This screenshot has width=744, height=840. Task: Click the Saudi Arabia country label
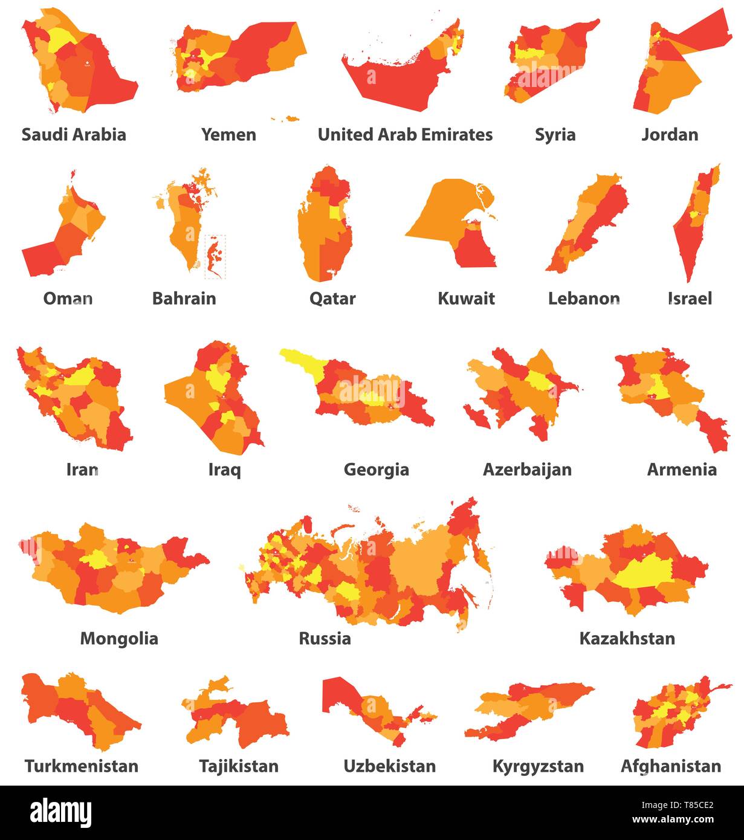[74, 134]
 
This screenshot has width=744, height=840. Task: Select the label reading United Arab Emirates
[405, 134]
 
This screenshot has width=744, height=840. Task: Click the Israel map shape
[695, 224]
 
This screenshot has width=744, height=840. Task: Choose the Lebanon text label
[583, 298]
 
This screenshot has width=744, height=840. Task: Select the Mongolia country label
[119, 638]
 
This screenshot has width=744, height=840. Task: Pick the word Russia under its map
[325, 638]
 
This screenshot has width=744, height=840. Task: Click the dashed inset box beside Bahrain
[215, 257]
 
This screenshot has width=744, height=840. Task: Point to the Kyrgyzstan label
[538, 766]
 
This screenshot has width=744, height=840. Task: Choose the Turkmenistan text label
[81, 766]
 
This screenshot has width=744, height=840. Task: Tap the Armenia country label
[682, 470]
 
